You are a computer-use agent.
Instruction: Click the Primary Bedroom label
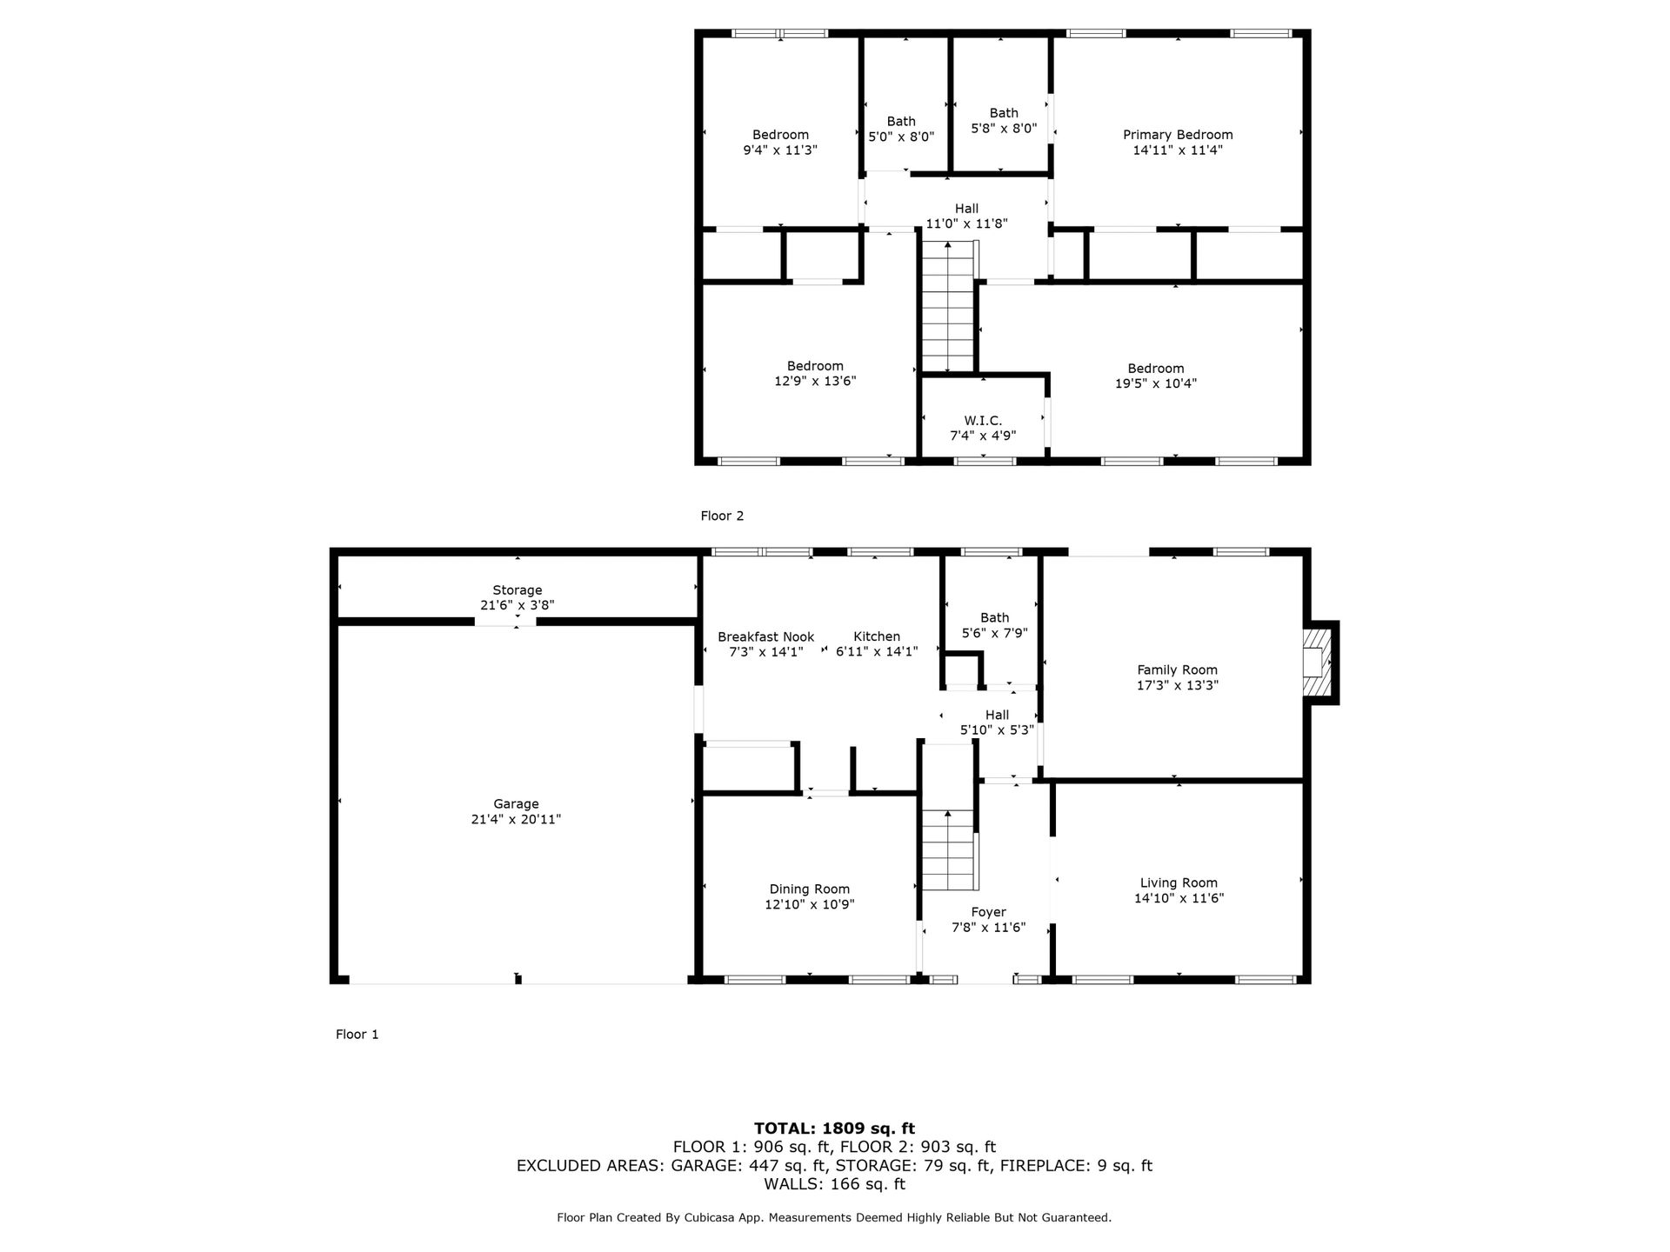[1178, 135]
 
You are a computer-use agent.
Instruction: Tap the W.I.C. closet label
[983, 421]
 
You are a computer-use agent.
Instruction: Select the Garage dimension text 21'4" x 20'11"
[516, 819]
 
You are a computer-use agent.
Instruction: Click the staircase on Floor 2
[948, 307]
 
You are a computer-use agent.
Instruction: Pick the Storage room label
[518, 590]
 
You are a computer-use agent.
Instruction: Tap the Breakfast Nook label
[766, 637]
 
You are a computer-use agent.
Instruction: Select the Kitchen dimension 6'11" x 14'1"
[877, 651]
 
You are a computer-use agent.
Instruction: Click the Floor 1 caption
[357, 1035]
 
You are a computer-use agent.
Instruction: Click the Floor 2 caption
[723, 516]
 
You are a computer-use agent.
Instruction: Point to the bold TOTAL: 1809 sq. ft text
[834, 1129]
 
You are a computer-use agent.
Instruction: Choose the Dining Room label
[810, 889]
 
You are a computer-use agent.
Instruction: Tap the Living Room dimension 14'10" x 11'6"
[1179, 898]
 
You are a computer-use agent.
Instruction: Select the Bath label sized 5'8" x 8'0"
[1004, 113]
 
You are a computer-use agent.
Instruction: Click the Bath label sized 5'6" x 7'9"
[995, 618]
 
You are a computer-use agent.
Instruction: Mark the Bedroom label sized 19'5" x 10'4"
[1156, 369]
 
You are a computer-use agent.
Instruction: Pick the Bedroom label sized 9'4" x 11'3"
[780, 135]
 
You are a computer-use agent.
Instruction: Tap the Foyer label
[989, 913]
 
